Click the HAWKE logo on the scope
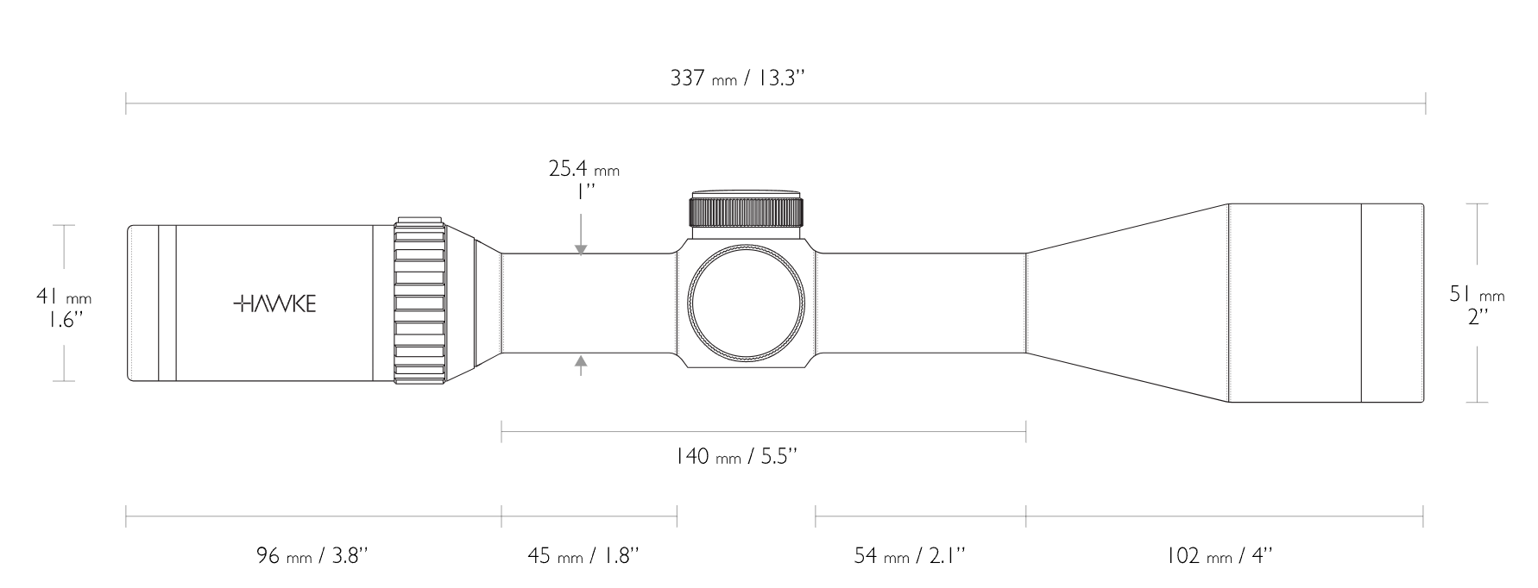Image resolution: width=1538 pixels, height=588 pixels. coord(274,303)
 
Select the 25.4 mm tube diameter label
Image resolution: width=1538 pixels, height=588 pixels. coord(584,168)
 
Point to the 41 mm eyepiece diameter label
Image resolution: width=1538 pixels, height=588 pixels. coord(63,297)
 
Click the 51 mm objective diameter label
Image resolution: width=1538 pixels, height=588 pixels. coord(1477,294)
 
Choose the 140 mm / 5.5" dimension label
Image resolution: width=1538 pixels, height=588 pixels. coord(736,455)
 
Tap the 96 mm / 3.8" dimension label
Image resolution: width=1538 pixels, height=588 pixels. coord(312,554)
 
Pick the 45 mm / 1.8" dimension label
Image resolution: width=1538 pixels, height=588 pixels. coord(583,554)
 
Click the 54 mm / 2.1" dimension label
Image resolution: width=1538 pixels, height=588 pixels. coord(909,554)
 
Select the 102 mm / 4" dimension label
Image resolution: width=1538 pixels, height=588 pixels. coord(1219,554)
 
